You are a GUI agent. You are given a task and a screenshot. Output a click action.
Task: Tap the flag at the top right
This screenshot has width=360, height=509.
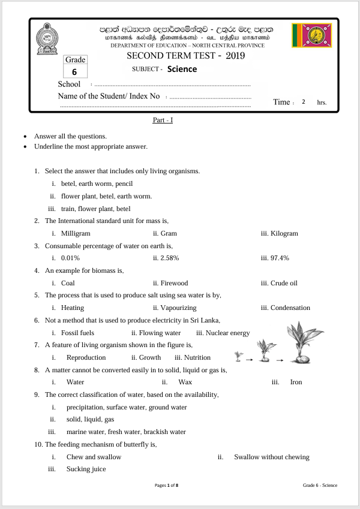(x=311, y=36)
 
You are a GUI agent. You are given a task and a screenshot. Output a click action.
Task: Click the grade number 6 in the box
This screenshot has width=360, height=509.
(x=75, y=71)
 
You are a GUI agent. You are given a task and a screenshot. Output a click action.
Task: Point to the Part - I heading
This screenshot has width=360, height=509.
(x=163, y=121)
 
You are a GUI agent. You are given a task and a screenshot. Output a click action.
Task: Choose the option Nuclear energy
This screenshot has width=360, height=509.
(x=223, y=333)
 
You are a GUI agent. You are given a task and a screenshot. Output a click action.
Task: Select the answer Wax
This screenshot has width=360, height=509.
(x=185, y=382)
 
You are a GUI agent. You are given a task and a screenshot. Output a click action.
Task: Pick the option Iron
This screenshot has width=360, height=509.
(x=296, y=382)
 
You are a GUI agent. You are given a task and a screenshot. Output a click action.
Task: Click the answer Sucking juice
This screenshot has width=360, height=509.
(x=86, y=469)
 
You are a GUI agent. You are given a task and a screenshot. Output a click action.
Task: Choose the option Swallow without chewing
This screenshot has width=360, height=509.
(x=271, y=457)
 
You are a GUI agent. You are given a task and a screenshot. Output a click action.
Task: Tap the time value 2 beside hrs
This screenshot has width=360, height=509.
(x=304, y=102)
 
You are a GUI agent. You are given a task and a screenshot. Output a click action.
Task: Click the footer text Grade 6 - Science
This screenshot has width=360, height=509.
(x=320, y=484)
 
